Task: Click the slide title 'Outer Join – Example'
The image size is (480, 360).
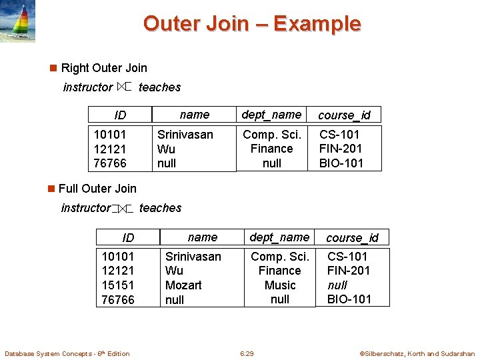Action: pyautogui.click(x=251, y=24)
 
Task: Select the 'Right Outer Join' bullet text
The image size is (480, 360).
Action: pyautogui.click(x=103, y=68)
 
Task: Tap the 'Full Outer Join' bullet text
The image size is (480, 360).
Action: pyautogui.click(x=97, y=189)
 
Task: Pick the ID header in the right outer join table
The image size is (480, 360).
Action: pyautogui.click(x=120, y=115)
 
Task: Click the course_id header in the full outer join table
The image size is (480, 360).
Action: pyautogui.click(x=352, y=238)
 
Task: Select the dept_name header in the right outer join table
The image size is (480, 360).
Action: pyautogui.click(x=271, y=115)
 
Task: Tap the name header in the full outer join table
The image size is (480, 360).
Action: pyautogui.click(x=202, y=237)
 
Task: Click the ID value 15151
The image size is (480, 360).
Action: pyautogui.click(x=117, y=285)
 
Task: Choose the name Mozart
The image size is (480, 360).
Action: pyautogui.click(x=183, y=285)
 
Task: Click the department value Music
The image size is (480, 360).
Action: pyautogui.click(x=280, y=285)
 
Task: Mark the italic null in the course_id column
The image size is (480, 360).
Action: pyautogui.click(x=337, y=285)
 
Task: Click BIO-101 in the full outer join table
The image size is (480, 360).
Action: pyautogui.click(x=349, y=299)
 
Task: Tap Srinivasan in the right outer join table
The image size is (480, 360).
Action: pyautogui.click(x=185, y=135)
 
